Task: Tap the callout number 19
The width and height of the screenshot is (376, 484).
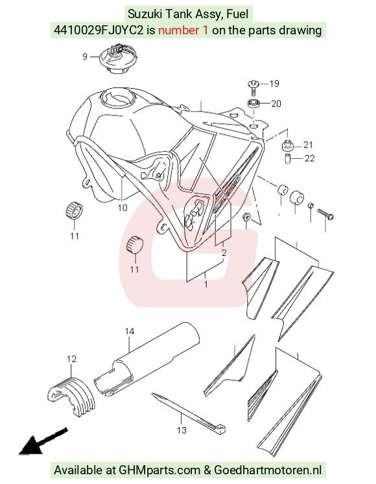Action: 274,84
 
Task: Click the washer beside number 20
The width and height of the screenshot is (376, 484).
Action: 253,104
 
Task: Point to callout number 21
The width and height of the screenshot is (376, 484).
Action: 308,144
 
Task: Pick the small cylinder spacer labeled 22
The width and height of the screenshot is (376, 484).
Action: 287,158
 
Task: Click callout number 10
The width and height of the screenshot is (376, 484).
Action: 123,207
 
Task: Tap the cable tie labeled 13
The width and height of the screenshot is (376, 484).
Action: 188,412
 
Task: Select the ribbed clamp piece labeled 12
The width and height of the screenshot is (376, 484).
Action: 72,396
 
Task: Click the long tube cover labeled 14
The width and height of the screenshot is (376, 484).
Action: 147,359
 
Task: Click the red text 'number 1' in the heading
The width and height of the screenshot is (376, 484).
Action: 183,30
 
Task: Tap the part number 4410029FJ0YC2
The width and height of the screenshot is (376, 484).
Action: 99,30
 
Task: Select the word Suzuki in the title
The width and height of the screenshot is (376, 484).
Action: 145,14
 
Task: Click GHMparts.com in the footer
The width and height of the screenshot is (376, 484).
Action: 159,470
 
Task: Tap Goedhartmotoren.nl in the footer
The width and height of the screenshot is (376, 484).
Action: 268,470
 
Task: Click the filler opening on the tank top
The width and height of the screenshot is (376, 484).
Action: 118,97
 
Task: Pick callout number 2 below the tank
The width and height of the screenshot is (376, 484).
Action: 224,253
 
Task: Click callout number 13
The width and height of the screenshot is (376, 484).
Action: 182,430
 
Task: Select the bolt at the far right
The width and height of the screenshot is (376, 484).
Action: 325,214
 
